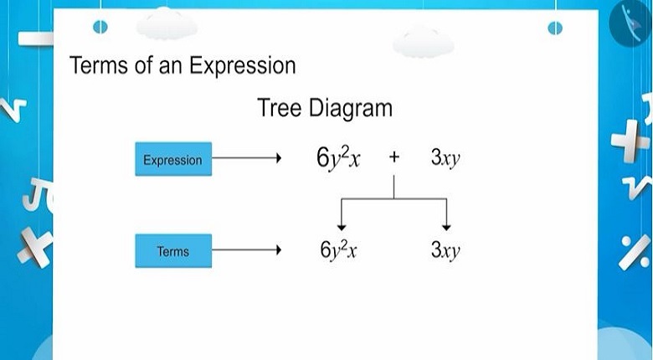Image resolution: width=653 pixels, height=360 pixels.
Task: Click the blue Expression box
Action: pos(173,159)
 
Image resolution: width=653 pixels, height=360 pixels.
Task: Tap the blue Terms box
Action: pos(173,250)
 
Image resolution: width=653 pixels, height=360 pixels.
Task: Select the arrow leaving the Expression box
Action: pos(247,158)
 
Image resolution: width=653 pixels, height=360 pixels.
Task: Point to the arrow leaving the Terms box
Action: pos(247,250)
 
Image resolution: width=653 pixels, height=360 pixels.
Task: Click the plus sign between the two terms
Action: pos(394,157)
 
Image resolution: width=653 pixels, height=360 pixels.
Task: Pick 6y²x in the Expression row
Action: pos(338,158)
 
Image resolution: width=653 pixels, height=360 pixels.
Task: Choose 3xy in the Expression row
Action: pos(445,158)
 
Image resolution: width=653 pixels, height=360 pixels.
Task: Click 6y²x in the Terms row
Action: pos(338,250)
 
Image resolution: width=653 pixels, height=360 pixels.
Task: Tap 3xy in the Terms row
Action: pos(445,250)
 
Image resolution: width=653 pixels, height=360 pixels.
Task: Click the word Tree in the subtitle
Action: pos(279,107)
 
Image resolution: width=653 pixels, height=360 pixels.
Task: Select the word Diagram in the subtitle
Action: pos(351,109)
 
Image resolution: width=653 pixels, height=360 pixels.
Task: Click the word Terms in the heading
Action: pos(99,65)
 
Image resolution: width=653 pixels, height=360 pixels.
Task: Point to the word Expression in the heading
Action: pos(243,67)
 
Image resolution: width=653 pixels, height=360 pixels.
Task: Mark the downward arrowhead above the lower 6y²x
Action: pos(342,228)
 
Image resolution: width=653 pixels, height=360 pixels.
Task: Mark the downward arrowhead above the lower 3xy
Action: pos(446,228)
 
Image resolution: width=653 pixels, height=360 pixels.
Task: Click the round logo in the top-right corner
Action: pos(631,23)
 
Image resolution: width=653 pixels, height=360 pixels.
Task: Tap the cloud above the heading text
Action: pos(167,23)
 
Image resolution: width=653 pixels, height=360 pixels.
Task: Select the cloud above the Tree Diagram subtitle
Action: pos(423,42)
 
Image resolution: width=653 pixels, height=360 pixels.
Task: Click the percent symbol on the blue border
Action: pos(634,252)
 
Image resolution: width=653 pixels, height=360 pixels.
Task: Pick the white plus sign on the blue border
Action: pos(630,141)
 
